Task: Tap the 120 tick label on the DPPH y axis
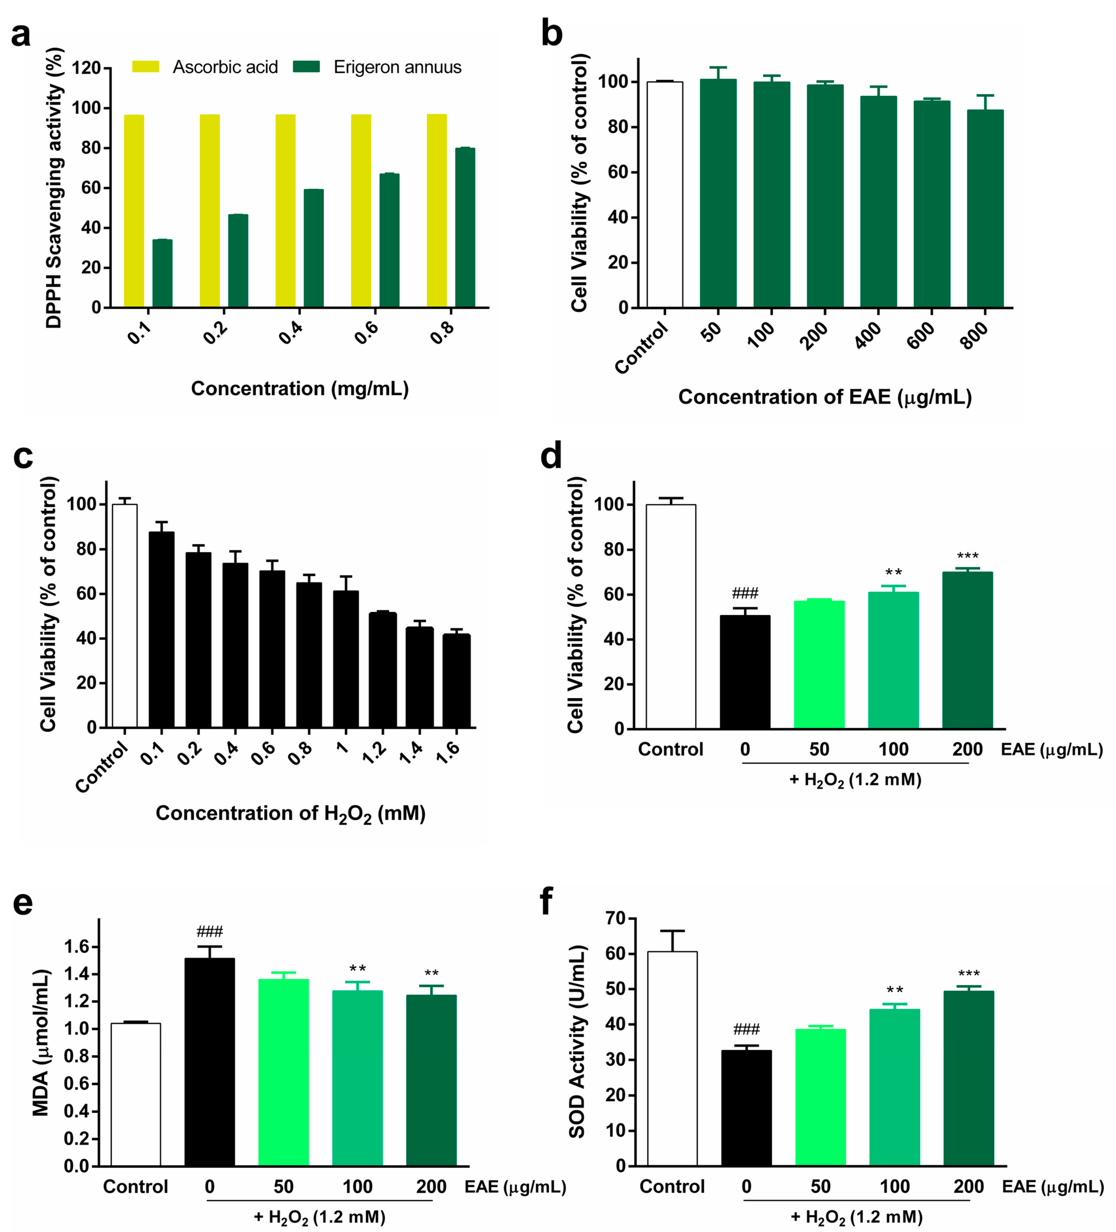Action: [x=86, y=68]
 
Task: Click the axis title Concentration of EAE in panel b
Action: [x=824, y=397]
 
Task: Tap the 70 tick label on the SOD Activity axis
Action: [x=615, y=918]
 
